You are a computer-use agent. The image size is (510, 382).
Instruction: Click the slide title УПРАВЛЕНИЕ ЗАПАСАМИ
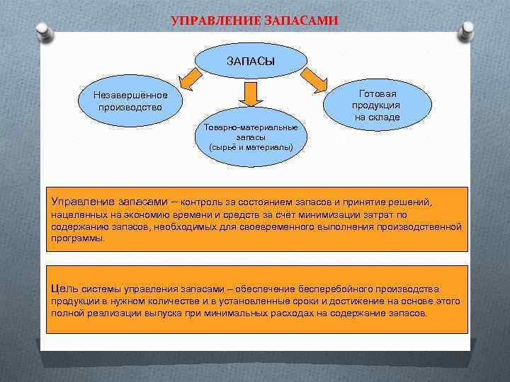pos(255,21)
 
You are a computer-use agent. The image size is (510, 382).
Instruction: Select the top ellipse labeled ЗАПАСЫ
pos(250,61)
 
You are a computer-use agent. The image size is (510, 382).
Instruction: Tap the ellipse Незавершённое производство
pos(130,101)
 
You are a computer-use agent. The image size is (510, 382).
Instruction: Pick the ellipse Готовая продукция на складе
pos(377,105)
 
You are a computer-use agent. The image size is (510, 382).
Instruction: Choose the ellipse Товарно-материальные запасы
pos(251,137)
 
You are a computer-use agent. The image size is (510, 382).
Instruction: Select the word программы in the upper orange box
pos(77,238)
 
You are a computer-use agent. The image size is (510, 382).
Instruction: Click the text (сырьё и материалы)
pos(251,147)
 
